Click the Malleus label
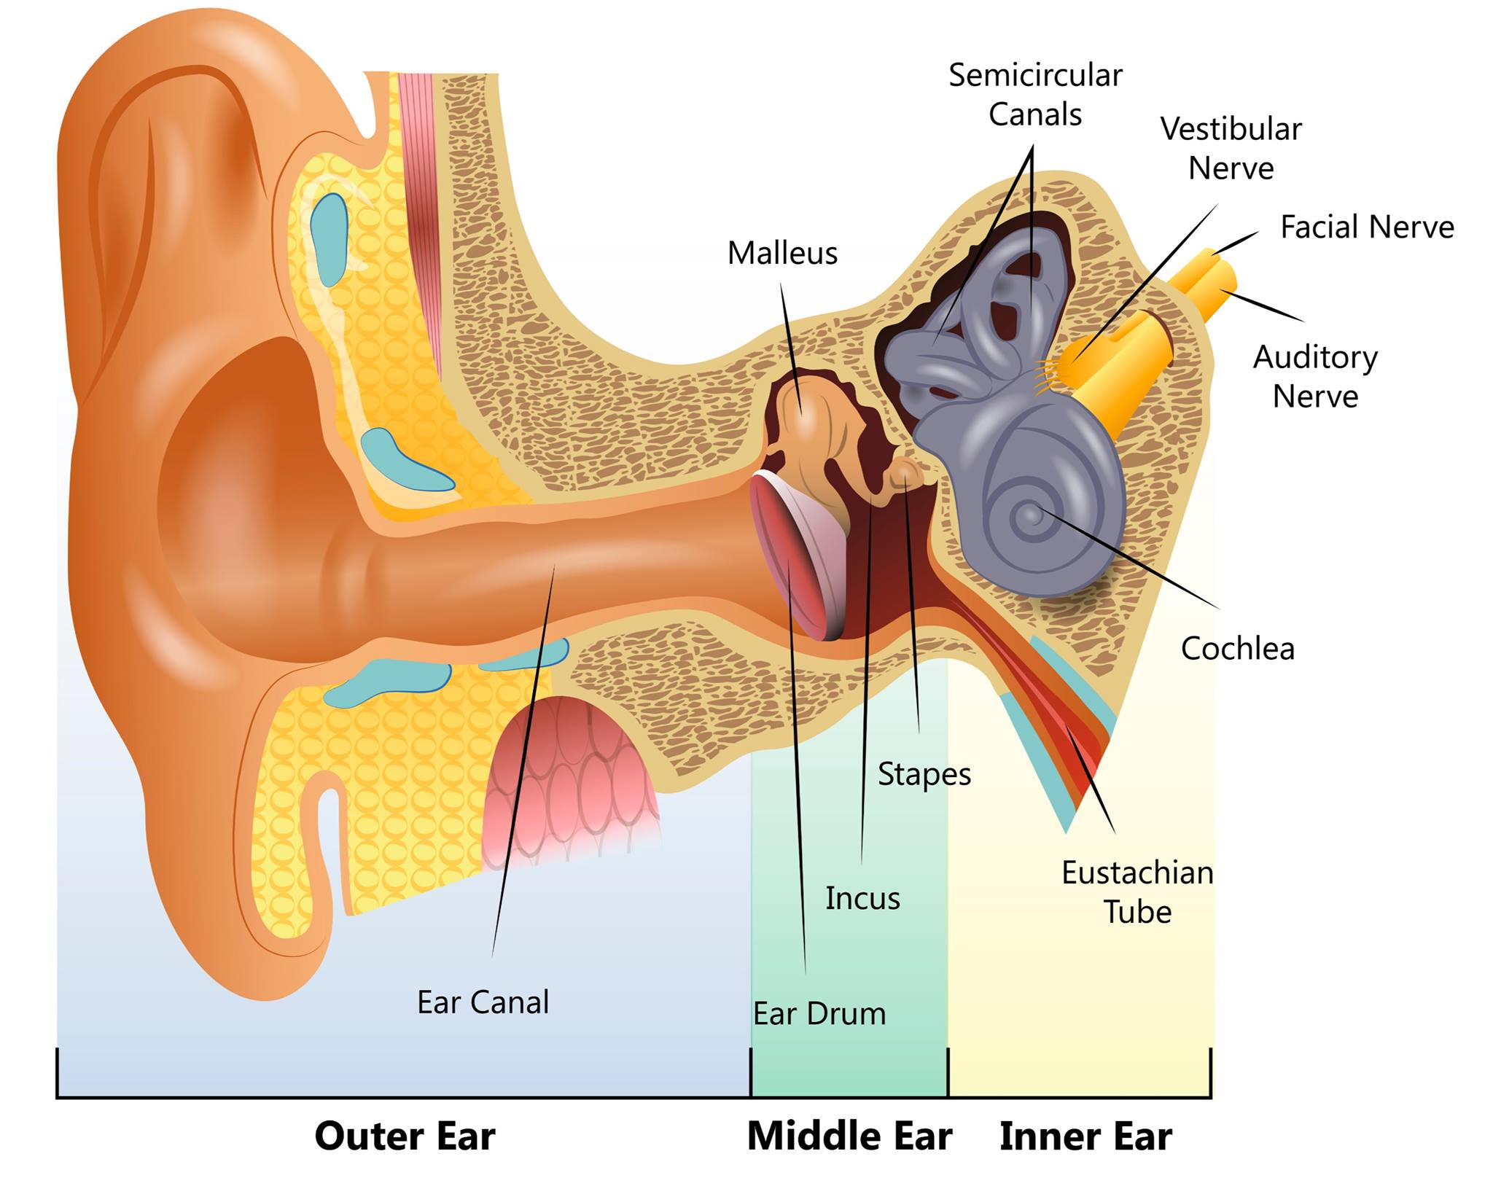(x=782, y=254)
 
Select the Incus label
(x=862, y=899)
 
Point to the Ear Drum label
(x=819, y=1014)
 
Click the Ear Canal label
(x=483, y=1002)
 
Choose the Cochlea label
(x=1238, y=649)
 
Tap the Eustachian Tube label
(x=1137, y=892)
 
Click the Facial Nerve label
(x=1367, y=227)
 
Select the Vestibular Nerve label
(x=1231, y=149)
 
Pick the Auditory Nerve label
(x=1316, y=377)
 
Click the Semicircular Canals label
(x=1035, y=95)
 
